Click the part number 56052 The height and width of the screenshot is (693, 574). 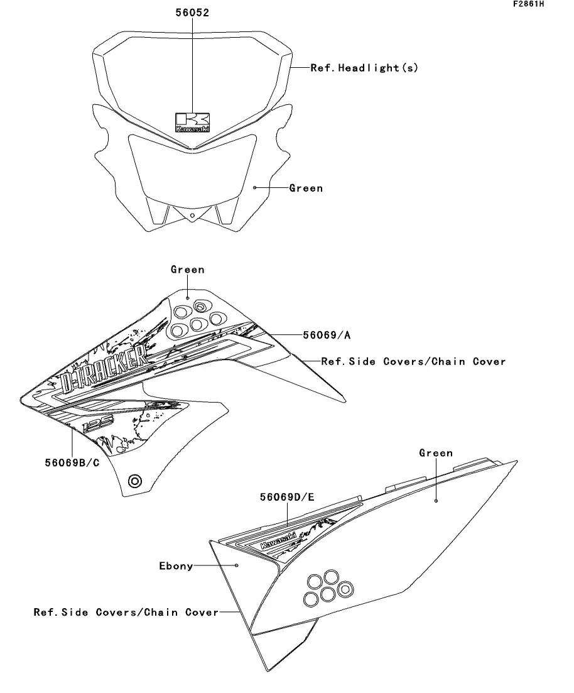tap(192, 12)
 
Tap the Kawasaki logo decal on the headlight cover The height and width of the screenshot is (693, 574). tap(192, 122)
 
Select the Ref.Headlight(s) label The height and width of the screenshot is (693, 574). tap(364, 68)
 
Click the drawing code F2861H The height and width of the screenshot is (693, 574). tap(528, 4)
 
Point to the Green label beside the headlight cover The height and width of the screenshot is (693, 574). tap(306, 188)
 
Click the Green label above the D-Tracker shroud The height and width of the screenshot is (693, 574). tap(187, 270)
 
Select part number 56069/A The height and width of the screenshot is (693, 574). tap(327, 336)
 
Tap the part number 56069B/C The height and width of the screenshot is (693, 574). tap(72, 463)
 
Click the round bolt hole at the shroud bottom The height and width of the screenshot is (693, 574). tap(134, 482)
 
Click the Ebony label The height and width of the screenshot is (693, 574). tap(176, 566)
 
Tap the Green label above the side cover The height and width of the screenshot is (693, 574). tap(436, 453)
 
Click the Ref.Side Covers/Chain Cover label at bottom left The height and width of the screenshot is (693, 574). tap(126, 612)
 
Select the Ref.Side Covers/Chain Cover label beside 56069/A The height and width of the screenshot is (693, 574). tap(413, 361)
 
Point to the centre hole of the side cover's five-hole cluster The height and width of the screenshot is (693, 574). tap(325, 592)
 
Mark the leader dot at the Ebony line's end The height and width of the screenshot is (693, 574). tap(237, 565)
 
